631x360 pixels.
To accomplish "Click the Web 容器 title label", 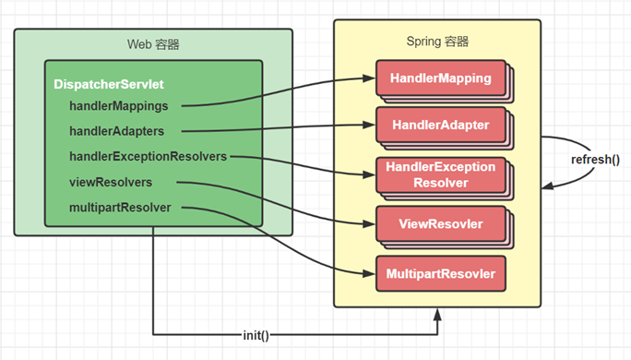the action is [153, 44].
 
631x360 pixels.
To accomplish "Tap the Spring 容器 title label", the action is [437, 42].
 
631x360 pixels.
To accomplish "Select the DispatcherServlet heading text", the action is [109, 84].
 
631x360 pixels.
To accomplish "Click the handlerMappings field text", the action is [119, 106].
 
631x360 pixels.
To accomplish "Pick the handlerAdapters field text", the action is [117, 131].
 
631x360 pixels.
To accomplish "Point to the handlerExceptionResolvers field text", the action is [149, 156].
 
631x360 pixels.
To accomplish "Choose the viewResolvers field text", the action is [111, 182].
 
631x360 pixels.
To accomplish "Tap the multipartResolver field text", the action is [120, 208].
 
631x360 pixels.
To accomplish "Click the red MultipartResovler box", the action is [441, 274].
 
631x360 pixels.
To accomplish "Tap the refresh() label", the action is [595, 160].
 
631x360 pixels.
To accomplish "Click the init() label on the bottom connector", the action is [256, 335].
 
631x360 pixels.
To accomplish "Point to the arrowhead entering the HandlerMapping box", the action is [369, 78].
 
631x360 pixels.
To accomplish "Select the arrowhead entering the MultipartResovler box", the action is [369, 274].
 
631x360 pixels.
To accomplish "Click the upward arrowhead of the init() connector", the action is [437, 314].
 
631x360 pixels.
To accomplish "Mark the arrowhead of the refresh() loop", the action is [548, 186].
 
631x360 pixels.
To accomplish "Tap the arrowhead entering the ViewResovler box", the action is [369, 224].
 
